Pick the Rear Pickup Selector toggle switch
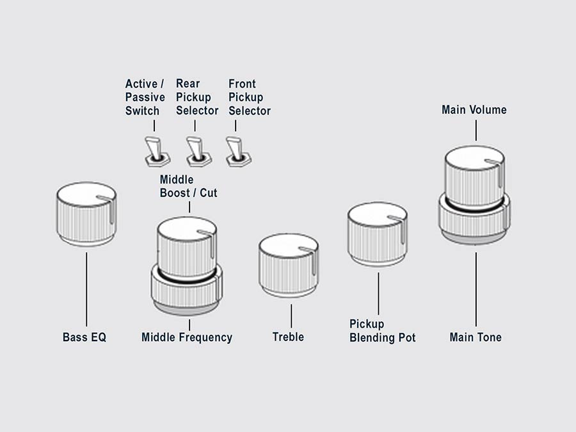195,150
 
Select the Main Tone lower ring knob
475,221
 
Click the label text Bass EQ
84,337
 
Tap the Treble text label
288,337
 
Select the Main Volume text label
474,110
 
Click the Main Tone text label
476,337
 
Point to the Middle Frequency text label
187,337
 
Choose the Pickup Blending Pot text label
382,331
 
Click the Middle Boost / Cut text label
188,186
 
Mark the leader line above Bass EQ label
86,288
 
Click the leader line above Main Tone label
476,288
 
